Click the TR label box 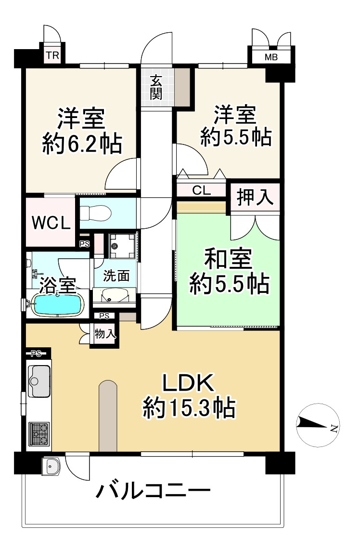point(52,55)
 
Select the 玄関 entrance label point(155,88)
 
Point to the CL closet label point(201,190)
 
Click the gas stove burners point(39,433)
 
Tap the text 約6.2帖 point(81,143)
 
